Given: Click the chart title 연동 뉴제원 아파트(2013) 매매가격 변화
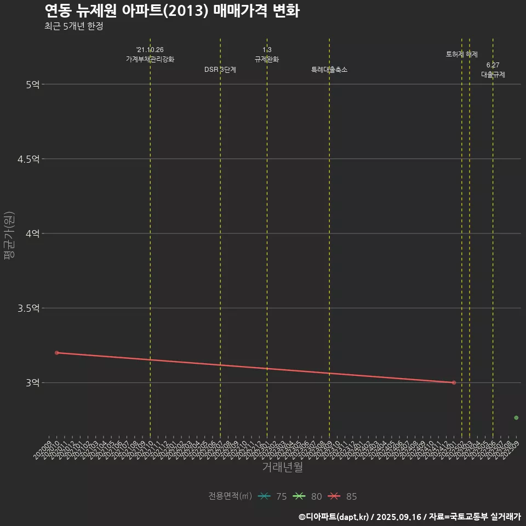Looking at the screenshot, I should [x=171, y=11].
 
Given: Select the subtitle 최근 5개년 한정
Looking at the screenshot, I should [x=73, y=26].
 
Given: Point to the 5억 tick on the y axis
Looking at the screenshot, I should [x=32, y=84].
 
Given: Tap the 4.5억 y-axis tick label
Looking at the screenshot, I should [x=28, y=159].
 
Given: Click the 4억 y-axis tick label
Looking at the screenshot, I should [x=32, y=233].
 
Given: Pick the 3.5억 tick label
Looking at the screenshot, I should [x=28, y=308].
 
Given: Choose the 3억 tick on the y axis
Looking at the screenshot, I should [x=32, y=382].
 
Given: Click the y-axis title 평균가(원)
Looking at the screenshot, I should [x=9, y=236].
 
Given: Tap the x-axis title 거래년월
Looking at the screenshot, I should [x=282, y=467].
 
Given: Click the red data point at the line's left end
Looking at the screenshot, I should [x=57, y=353].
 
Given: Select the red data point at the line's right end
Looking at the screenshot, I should [x=454, y=382].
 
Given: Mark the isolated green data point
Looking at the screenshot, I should [x=516, y=418].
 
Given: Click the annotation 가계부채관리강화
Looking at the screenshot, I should [x=150, y=59].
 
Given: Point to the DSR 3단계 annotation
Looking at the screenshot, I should [x=220, y=70].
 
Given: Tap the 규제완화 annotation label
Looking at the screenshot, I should [x=267, y=59].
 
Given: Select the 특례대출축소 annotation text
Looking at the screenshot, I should [x=329, y=70].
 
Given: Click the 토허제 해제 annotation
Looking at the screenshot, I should [x=462, y=54].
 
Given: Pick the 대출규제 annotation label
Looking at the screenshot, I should [x=493, y=75].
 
